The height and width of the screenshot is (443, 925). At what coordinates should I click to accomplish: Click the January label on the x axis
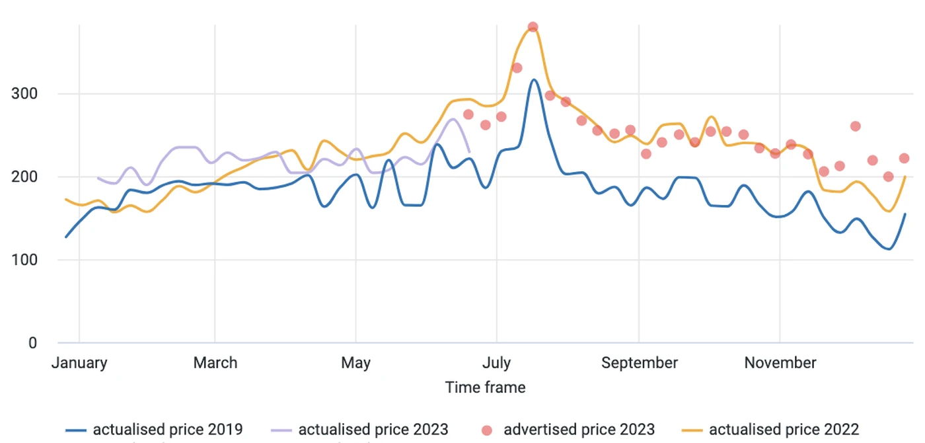tap(79, 363)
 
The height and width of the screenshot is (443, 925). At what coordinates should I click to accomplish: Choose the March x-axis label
tap(215, 363)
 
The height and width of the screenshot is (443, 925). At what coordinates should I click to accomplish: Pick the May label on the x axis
tap(355, 363)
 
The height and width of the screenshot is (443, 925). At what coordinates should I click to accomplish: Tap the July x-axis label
tap(496, 363)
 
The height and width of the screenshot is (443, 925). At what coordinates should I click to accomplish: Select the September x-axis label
tap(640, 363)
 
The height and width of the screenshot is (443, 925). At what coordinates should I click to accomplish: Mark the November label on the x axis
tap(780, 363)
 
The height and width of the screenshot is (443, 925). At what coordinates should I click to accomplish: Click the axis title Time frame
tap(486, 387)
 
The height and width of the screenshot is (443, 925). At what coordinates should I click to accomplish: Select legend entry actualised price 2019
tap(155, 429)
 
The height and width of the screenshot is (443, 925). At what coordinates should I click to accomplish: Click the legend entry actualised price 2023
tap(361, 429)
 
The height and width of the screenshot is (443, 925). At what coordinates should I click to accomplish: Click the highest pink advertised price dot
tap(533, 27)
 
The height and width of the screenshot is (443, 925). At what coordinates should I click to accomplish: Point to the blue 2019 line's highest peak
tap(534, 80)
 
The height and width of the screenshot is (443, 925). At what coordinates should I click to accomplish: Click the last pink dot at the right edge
tap(904, 158)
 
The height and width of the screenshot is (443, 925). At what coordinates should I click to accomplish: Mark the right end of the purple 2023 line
tap(468, 151)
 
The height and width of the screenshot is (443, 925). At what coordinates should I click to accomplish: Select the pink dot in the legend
tap(488, 430)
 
